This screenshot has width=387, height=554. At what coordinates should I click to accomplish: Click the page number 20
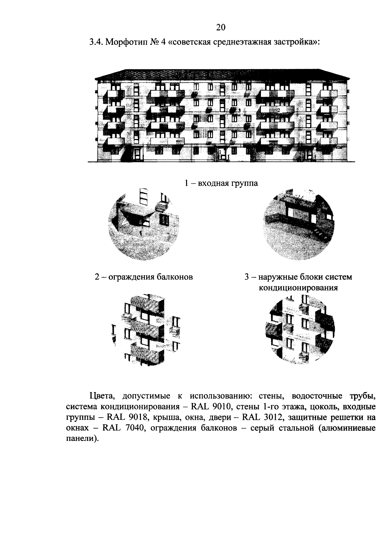pyautogui.click(x=221, y=27)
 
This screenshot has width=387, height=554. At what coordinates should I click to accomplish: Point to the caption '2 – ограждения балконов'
pyautogui.click(x=144, y=277)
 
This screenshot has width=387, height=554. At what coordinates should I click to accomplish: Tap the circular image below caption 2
pyautogui.click(x=144, y=329)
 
